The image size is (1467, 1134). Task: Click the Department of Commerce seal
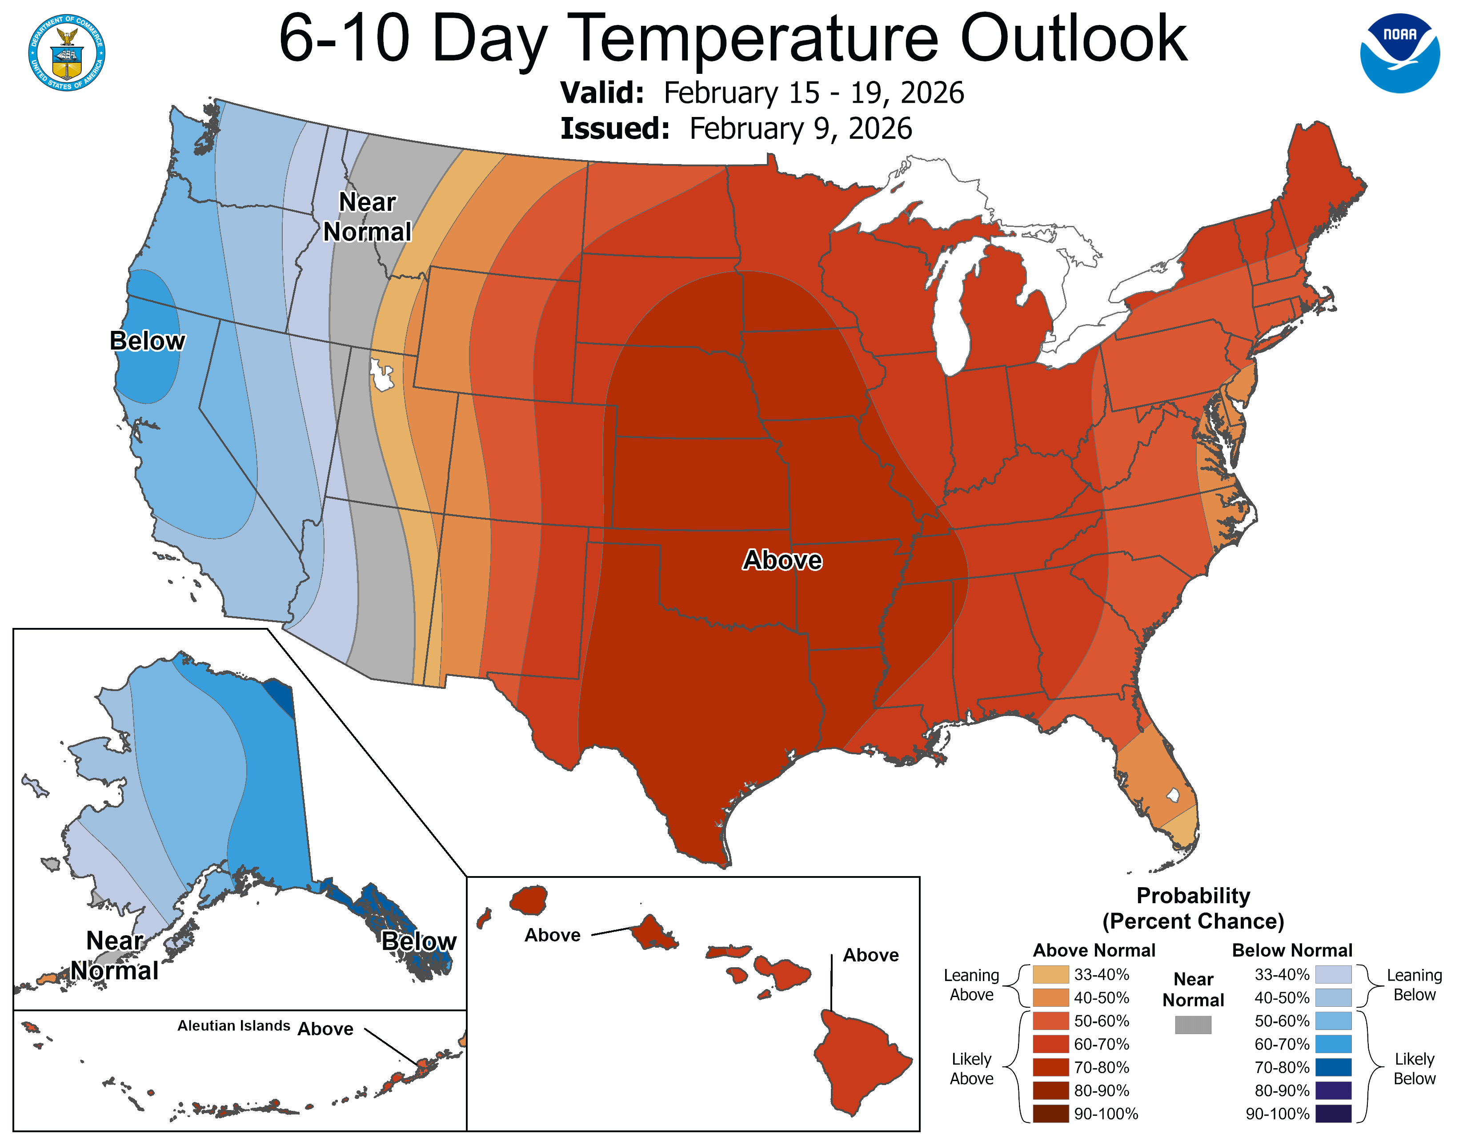tap(67, 53)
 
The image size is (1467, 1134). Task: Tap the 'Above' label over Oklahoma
tap(782, 559)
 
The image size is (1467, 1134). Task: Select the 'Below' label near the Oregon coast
tap(147, 341)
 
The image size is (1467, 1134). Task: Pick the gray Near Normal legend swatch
tap(1193, 1025)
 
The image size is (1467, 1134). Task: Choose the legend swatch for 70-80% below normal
tap(1333, 1067)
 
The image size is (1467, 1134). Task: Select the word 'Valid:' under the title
tap(602, 92)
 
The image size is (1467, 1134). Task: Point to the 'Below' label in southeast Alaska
tap(418, 941)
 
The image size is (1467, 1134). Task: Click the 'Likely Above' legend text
tap(971, 1068)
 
